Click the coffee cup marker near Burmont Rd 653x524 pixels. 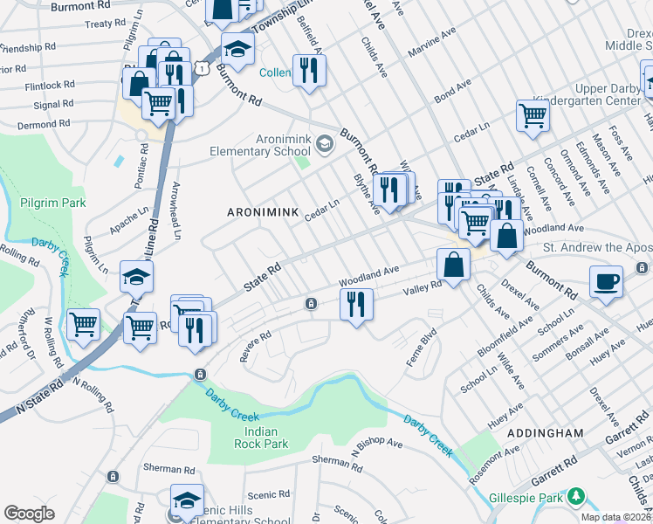pos(605,282)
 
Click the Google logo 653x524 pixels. pos(30,513)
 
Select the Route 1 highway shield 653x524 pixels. pos(202,67)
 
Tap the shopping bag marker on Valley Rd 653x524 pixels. pos(454,265)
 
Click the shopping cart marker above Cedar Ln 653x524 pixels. pos(532,114)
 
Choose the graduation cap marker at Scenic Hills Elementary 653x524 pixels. pos(187,500)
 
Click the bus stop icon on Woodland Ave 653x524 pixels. pos(310,303)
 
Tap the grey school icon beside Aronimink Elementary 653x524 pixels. pos(324,143)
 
